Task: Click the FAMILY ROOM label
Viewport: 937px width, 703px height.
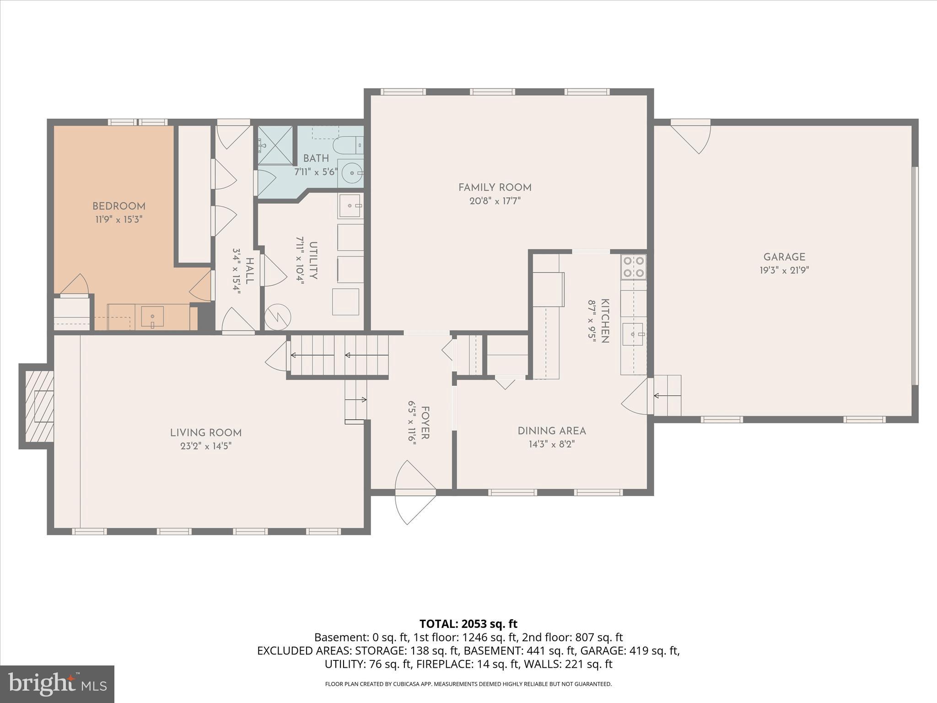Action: pos(495,187)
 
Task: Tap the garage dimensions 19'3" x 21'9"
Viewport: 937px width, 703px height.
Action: pos(784,270)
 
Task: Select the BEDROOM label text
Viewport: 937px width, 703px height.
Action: pos(119,206)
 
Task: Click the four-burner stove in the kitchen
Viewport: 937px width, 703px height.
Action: pos(633,267)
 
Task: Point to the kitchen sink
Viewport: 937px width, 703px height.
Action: pos(634,335)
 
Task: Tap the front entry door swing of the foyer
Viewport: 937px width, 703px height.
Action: pos(415,492)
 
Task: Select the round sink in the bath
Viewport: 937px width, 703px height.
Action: pos(352,173)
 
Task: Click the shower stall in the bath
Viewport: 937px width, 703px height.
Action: pos(275,145)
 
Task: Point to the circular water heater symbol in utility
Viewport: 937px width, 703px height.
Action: pos(278,316)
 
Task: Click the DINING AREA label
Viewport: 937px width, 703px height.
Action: pos(552,431)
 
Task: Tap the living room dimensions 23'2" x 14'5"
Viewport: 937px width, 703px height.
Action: pos(206,446)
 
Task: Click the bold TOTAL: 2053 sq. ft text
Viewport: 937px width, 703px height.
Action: pos(468,624)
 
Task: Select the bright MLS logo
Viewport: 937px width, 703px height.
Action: pos(57,684)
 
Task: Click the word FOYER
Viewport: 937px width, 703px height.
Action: pos(425,422)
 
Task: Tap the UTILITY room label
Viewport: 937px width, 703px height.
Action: pos(313,260)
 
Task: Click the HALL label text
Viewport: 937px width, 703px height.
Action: pos(249,270)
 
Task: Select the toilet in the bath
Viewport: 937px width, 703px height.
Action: pos(348,146)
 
